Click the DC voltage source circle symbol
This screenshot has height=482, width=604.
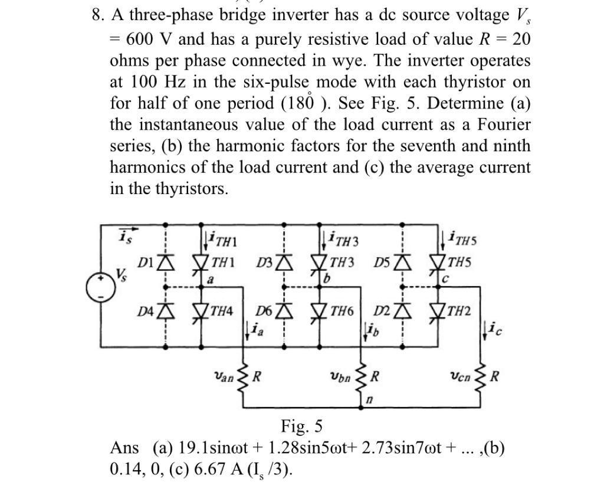click(x=99, y=287)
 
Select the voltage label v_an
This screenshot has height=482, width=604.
click(x=224, y=375)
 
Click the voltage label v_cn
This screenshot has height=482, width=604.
click(x=459, y=375)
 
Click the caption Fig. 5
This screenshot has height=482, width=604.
click(x=301, y=425)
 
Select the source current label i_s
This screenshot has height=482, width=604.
click(x=124, y=235)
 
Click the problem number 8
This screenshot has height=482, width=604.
click(x=97, y=15)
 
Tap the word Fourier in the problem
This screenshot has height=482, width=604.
click(x=500, y=124)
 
